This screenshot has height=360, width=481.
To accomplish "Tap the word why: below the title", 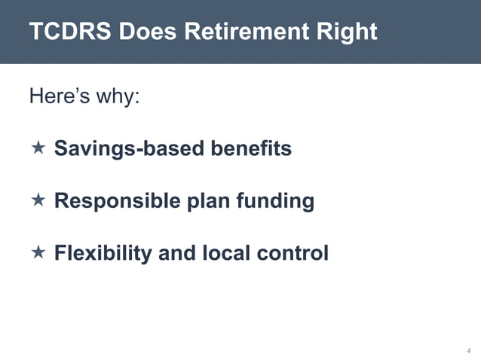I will coord(118,98).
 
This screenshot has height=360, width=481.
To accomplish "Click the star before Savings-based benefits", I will coord(38,148).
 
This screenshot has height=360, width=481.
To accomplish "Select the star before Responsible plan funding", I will coord(38,200).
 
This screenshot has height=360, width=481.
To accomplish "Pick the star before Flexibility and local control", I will coord(38,252).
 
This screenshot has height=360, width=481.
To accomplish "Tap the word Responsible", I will coord(118,201).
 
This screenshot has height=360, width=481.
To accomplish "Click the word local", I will coord(225,253).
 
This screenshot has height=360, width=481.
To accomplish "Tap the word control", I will coord(293,253).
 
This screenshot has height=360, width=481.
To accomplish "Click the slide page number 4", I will coord(468,351).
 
